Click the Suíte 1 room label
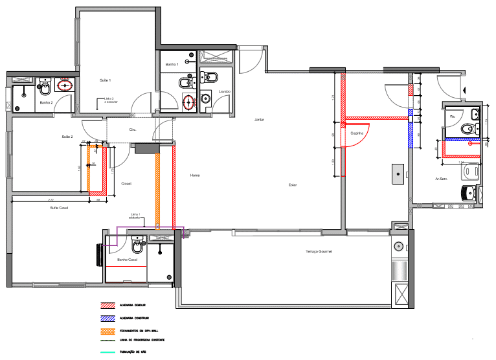[105, 80]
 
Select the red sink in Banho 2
[65, 84]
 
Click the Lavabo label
[225, 91]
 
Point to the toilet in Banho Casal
[137, 246]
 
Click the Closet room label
[126, 183]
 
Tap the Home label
[194, 175]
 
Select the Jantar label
[259, 120]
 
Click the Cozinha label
[355, 133]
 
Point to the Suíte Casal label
[60, 208]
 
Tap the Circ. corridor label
[133, 129]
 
